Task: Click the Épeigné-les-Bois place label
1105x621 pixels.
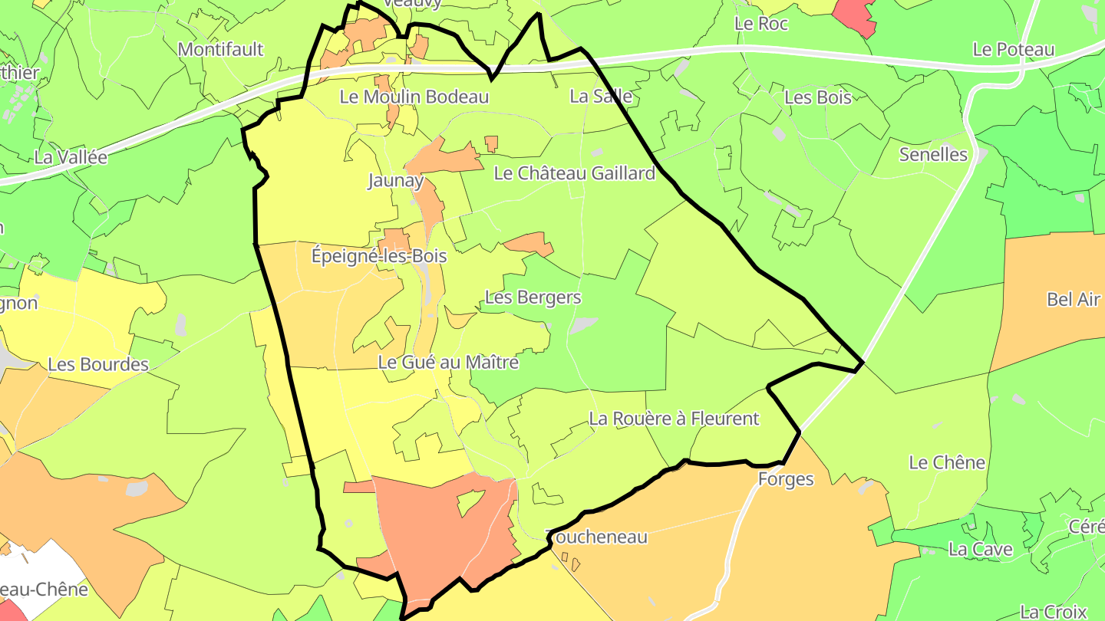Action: point(379,256)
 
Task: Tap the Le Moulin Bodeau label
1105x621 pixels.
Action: point(414,97)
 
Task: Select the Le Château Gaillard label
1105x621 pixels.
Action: point(575,173)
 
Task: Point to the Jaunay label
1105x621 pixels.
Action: point(395,181)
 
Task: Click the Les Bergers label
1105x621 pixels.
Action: point(533,297)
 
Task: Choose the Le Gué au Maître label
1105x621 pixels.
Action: point(449,362)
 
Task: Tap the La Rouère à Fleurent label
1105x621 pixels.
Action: point(674,419)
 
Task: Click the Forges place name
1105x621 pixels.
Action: point(785,480)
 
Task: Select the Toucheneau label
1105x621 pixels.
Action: point(596,537)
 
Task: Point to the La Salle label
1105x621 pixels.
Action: point(601,96)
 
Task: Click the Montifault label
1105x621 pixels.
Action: point(220,49)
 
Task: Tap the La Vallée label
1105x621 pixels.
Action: point(71,157)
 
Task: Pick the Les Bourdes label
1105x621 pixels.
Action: point(98,364)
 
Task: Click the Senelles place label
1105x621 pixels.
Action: point(933,154)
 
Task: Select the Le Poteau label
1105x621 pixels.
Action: point(1013,49)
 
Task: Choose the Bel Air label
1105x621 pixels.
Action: point(1074,300)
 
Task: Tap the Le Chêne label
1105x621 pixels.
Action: point(947,462)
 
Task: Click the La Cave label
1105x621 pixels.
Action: point(981,550)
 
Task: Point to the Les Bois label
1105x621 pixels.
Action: point(818,97)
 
